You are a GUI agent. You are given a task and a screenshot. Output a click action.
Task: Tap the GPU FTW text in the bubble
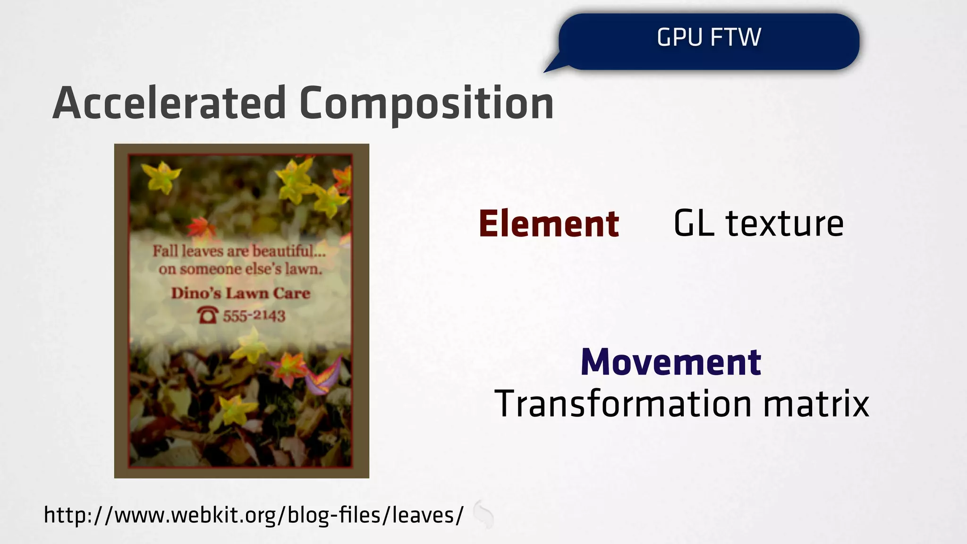708,37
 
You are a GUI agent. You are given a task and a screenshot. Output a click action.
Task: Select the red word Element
548,224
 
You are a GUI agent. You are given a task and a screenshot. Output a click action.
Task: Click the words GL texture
758,224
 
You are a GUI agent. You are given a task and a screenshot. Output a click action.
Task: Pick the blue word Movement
670,362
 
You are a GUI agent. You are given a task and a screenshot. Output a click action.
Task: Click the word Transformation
622,404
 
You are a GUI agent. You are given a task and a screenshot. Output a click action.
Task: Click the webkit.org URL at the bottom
254,515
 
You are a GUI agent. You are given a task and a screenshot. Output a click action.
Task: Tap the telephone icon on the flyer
208,315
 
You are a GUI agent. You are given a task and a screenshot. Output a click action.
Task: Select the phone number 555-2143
254,316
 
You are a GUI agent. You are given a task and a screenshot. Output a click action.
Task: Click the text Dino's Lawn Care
240,293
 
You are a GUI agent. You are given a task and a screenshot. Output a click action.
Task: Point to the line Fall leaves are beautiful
239,251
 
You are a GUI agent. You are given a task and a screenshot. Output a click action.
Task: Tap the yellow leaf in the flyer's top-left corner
160,177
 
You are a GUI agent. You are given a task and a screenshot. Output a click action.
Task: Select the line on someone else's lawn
240,270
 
